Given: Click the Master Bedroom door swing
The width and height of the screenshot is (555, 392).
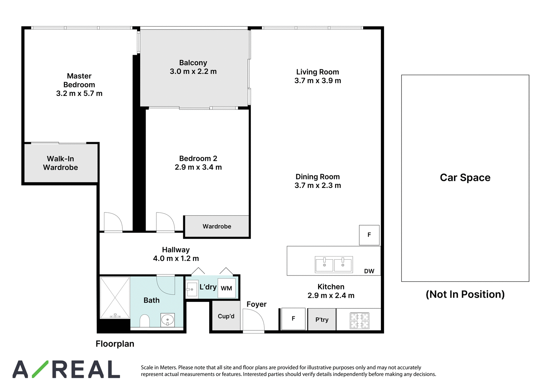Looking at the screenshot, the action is [113, 222].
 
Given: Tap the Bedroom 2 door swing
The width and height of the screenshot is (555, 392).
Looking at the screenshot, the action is [165, 222].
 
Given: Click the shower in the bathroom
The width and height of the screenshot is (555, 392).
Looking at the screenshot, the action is [115, 298].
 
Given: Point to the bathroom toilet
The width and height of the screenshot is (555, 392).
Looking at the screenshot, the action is [144, 321].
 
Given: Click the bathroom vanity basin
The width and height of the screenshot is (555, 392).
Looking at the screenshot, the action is [168, 320].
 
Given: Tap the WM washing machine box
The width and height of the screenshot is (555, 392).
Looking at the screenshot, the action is [227, 288].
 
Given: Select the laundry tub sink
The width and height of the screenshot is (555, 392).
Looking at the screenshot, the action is [192, 288].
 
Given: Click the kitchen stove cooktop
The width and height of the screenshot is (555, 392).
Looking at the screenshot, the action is [359, 321].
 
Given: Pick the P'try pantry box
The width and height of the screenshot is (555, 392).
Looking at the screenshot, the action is [322, 320].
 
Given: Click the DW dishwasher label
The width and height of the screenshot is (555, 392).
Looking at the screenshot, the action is [369, 271].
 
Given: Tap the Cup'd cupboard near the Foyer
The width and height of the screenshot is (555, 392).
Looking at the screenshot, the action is [226, 316].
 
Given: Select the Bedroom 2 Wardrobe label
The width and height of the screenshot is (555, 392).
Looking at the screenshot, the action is [217, 226].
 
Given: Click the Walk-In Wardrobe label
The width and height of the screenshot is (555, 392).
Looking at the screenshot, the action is [60, 163].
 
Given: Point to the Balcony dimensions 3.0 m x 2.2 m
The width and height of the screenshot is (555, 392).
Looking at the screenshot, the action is [193, 71].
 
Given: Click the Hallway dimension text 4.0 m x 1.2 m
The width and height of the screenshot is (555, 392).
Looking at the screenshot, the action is [176, 259].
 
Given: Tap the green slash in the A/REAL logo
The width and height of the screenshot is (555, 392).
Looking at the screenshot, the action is [40, 369].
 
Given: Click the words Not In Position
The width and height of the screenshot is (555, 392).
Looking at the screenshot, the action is [465, 294].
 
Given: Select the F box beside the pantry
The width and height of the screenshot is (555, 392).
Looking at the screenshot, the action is [293, 319].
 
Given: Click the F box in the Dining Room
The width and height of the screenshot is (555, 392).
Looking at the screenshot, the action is [369, 235].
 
